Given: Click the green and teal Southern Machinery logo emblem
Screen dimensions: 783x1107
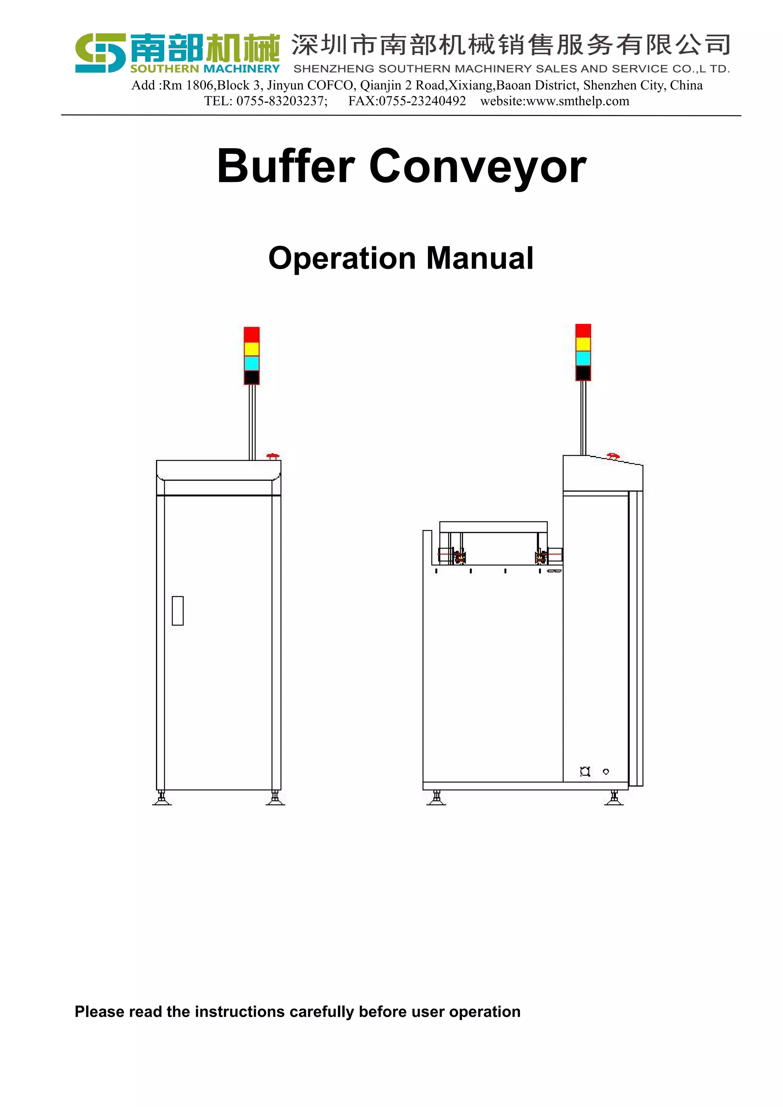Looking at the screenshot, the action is point(100,53).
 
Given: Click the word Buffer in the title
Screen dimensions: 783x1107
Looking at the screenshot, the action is point(286,166).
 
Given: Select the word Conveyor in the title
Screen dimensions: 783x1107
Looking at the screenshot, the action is point(478,166).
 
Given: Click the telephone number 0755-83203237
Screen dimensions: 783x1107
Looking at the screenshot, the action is point(281,101).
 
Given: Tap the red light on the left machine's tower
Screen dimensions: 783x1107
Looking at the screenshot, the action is point(252,334).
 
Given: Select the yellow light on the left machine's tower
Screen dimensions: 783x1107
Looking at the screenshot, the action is point(252,349).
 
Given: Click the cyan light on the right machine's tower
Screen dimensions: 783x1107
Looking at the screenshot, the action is point(583,358).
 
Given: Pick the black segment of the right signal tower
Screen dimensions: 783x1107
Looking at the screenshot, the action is point(583,373).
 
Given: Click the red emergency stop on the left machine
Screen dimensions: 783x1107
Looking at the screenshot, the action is point(273,456).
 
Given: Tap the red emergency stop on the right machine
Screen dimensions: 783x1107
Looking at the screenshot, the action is point(613,456).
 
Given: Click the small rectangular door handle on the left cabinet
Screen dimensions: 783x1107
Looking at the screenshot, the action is point(177,610).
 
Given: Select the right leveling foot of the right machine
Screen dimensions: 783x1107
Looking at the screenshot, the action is point(614,798).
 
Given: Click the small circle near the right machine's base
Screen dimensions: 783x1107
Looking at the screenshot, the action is point(606,771).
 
